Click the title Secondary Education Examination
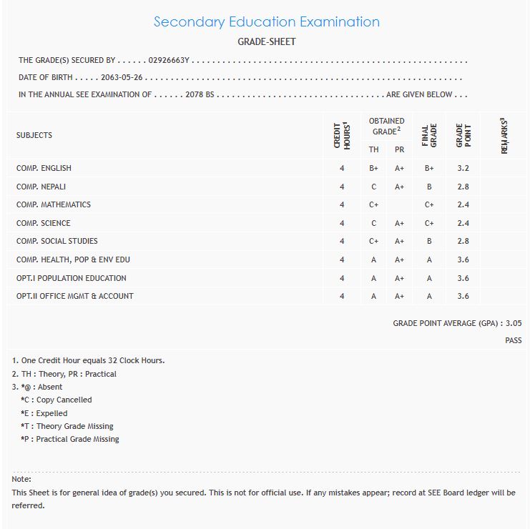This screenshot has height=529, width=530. [266, 21]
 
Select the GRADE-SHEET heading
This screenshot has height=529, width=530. [266, 41]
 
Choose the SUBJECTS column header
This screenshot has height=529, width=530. [34, 135]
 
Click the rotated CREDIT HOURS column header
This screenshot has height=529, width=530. [342, 135]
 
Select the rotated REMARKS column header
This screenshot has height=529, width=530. [504, 135]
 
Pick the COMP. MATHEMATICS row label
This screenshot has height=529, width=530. [54, 204]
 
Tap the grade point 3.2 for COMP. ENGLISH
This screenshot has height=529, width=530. [463, 168]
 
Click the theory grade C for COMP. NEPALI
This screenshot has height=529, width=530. [373, 187]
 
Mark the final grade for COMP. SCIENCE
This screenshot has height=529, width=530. [429, 223]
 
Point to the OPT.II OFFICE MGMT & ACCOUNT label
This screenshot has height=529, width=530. [75, 296]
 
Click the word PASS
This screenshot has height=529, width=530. [513, 341]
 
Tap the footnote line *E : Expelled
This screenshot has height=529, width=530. [44, 413]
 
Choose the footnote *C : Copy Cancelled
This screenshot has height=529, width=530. [57, 400]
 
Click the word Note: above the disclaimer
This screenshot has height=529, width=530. [21, 479]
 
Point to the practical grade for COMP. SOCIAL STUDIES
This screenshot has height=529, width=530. [399, 241]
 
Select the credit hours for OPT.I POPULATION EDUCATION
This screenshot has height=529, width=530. [342, 278]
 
